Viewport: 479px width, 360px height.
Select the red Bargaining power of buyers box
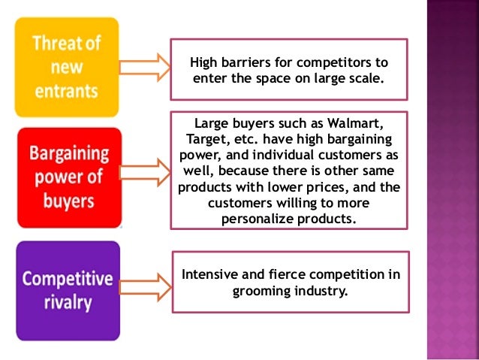[69, 177]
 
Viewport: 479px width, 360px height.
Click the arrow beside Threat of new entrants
[144, 67]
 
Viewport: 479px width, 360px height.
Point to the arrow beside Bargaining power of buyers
[144, 171]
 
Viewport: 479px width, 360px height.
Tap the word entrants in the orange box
[67, 90]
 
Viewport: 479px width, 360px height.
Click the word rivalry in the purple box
[68, 303]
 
